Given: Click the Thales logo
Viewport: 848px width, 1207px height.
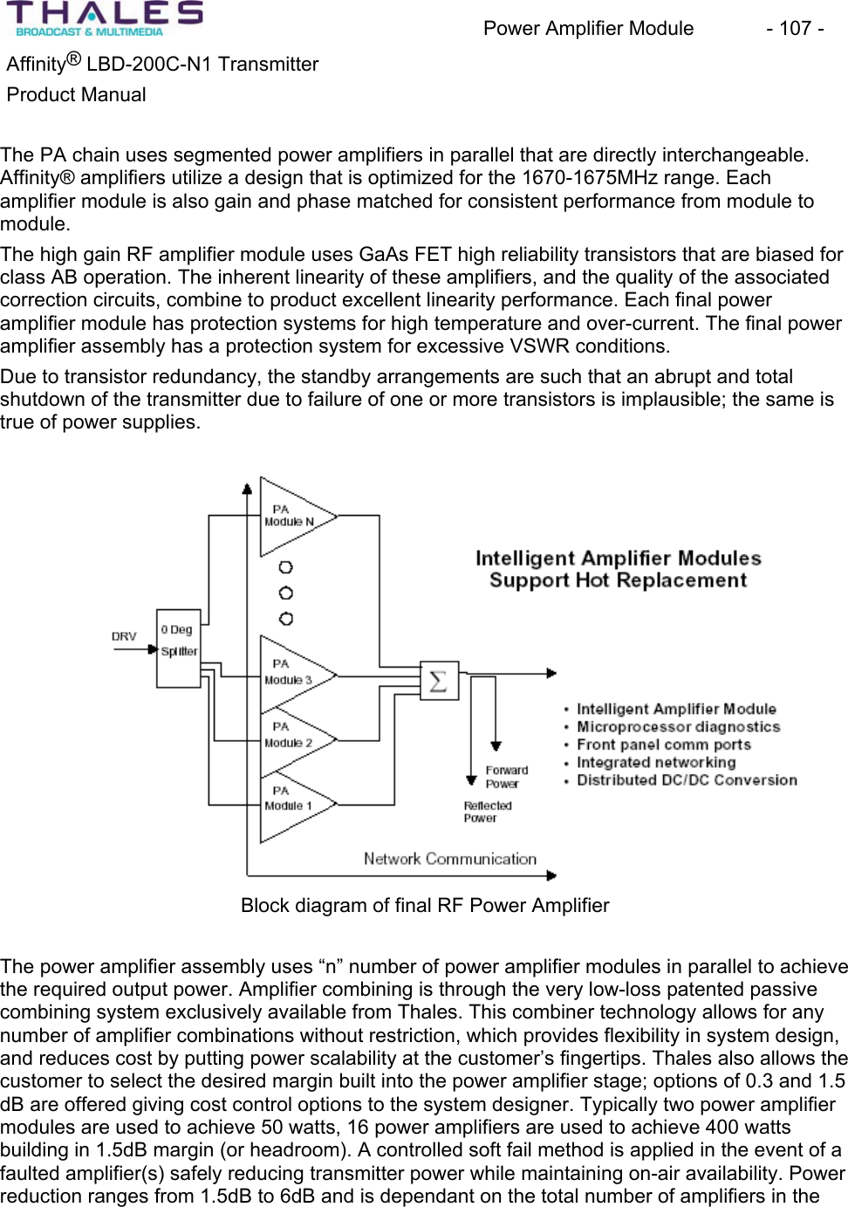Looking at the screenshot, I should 105,19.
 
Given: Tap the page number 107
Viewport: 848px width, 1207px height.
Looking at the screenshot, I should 795,29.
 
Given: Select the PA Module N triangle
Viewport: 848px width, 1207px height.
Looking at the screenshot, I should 293,517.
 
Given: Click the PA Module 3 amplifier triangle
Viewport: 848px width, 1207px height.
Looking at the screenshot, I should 293,674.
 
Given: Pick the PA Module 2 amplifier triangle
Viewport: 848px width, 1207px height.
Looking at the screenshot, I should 291,738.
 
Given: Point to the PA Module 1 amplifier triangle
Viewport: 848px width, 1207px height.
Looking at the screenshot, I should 291,802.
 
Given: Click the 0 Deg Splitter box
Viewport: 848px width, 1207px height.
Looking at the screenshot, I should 179,648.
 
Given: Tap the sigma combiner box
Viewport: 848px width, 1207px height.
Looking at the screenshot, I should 438,681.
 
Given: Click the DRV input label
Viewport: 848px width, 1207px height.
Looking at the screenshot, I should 124,636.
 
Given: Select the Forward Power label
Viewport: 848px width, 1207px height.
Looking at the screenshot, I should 506,777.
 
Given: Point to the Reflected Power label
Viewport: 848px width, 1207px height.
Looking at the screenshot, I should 487,812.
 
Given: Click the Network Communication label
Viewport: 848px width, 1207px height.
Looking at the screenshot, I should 450,859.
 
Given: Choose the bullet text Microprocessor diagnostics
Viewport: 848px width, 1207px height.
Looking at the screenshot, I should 678,727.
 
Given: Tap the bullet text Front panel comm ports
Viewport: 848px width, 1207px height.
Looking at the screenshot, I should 663,744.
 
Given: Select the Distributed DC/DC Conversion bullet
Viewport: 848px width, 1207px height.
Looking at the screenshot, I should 687,780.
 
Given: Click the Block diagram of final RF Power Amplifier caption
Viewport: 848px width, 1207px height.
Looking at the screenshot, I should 425,905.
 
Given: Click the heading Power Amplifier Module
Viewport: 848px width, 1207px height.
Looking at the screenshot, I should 588,29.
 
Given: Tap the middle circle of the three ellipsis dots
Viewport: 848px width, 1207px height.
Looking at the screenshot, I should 285,593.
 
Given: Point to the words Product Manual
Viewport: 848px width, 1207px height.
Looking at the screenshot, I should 77,95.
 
